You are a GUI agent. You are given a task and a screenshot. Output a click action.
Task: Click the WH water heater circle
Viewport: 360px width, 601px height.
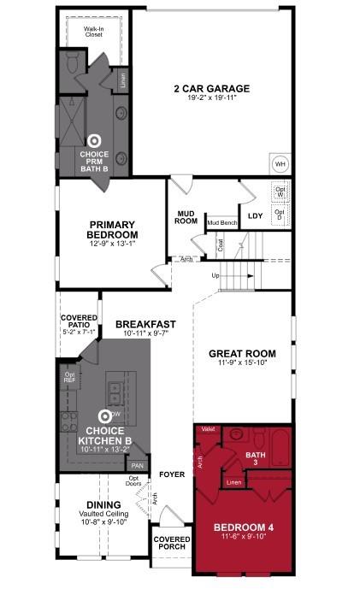coord(280,164)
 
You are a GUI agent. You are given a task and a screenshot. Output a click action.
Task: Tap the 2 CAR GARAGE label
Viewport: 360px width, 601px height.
coord(212,89)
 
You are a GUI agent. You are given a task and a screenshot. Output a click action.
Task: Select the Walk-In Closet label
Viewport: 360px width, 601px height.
coord(94,32)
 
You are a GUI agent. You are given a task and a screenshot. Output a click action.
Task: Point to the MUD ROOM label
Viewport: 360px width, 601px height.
coord(187,217)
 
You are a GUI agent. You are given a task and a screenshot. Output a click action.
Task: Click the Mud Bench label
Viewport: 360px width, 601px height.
coord(221,222)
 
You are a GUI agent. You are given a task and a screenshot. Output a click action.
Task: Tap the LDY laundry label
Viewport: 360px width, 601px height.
coord(255,216)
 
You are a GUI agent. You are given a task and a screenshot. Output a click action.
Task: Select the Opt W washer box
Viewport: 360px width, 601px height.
coord(280,191)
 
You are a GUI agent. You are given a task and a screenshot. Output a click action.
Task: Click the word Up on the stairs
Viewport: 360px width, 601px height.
coord(215,275)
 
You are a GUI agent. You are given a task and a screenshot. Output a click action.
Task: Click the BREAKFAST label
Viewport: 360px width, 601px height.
coord(145,324)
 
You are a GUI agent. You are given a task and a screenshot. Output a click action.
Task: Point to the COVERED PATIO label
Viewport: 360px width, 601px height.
coord(79,322)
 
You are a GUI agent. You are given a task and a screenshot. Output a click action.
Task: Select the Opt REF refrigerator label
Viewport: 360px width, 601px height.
coord(69,378)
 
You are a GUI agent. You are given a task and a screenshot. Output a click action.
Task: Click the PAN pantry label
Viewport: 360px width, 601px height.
coord(136,465)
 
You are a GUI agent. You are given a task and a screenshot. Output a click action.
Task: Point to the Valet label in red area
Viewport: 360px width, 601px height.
coord(207,428)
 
